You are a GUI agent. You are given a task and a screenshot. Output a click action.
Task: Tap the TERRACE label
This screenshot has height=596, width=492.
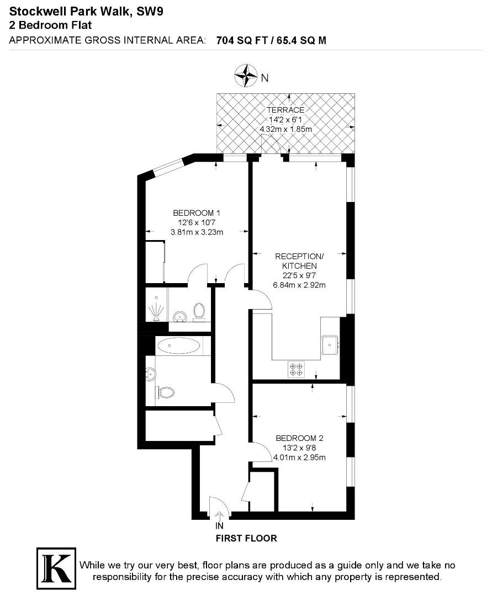pos(285,110)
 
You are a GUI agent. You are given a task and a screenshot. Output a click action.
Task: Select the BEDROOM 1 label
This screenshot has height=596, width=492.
pos(197,213)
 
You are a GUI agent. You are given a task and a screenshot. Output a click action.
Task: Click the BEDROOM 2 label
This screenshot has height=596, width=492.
pos(299,438)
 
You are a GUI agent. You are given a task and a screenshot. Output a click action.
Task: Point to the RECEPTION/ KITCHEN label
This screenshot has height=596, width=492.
pos(299,261)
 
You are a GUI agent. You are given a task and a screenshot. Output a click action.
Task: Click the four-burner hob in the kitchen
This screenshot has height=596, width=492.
pos(296,369)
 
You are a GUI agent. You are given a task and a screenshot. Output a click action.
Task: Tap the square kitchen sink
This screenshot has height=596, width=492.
pos(331,345)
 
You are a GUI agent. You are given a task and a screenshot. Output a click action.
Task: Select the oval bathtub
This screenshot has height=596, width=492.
pos(179,347)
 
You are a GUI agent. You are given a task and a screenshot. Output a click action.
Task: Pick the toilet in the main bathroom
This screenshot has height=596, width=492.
pos(165,392)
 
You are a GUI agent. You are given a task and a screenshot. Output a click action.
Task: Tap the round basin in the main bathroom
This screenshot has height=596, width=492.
pos(149,374)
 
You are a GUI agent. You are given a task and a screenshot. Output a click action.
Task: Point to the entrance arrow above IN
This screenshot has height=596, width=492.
pos(220,517)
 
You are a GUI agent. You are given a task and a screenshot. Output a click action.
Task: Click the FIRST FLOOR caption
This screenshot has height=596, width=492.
pos(246,538)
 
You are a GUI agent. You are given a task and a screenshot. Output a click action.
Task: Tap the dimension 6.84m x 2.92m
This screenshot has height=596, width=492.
pos(299,285)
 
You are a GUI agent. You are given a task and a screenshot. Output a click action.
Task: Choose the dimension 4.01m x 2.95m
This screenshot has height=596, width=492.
pos(299,457)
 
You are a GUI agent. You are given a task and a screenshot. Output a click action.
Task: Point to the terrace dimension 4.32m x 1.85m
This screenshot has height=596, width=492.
pos(286,129)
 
